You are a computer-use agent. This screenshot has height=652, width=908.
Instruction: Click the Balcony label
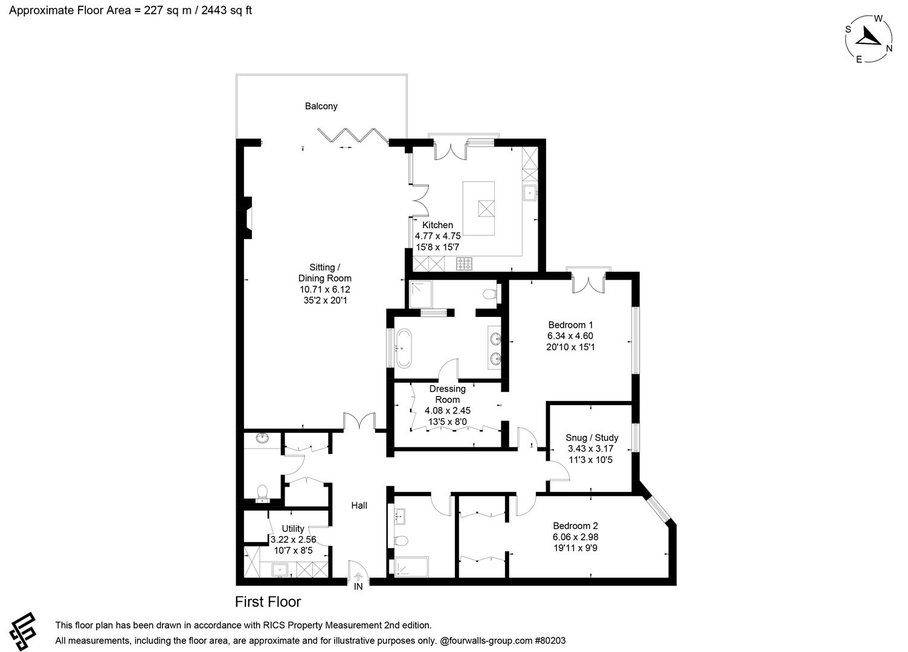(x=321, y=106)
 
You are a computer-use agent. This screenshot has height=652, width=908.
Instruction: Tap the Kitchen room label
(x=437, y=225)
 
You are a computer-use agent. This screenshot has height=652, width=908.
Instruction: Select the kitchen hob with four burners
(x=465, y=263)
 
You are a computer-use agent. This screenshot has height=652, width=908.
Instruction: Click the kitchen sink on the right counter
(x=529, y=193)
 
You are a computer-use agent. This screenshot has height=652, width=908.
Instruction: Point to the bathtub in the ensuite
(x=404, y=348)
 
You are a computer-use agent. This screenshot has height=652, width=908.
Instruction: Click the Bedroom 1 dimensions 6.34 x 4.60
(x=570, y=336)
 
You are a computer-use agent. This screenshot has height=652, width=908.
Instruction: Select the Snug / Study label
(x=591, y=438)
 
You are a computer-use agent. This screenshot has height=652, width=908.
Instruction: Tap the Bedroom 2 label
(x=575, y=526)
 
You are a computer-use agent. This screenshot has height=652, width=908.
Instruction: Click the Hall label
(x=359, y=505)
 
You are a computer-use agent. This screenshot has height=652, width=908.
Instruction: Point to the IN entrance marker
(x=358, y=586)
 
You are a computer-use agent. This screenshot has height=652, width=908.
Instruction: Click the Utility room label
(x=293, y=529)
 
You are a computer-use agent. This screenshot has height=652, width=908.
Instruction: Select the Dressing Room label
(x=447, y=394)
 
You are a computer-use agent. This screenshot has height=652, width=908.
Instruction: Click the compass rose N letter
(x=889, y=49)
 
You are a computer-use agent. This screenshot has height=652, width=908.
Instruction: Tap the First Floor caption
(x=268, y=602)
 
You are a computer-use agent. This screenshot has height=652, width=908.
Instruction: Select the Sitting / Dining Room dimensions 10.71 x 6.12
(x=324, y=289)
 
